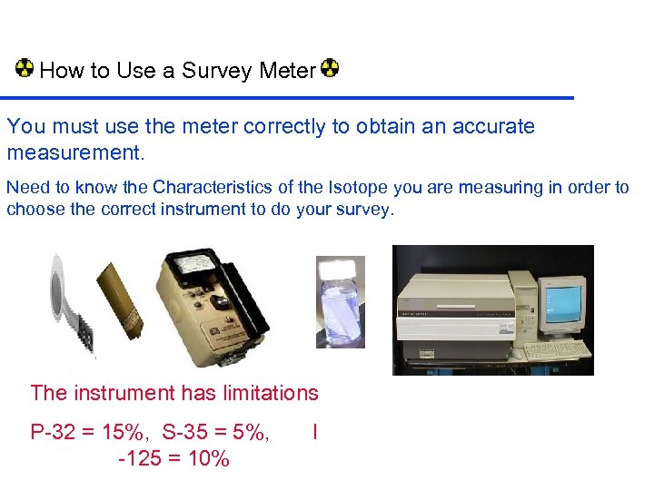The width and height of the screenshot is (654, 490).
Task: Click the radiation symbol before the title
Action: [x=25, y=68]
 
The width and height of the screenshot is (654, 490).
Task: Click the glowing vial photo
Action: [x=340, y=302]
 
